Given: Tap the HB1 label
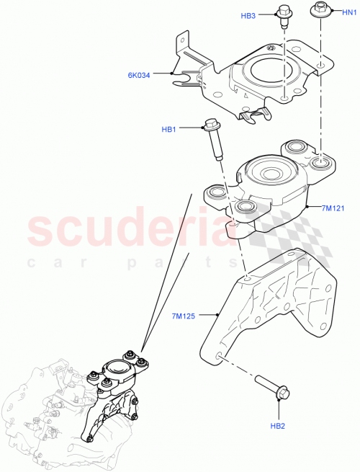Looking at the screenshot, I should tap(169, 129).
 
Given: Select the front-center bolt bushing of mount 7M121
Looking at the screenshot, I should tap(242, 208).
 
